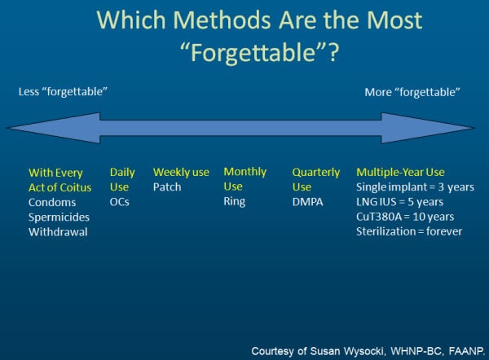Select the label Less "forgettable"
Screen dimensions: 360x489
click(x=64, y=91)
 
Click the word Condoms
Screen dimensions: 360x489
click(x=51, y=202)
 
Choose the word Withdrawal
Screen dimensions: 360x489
click(x=57, y=231)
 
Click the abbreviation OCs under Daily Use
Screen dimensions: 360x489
click(x=121, y=202)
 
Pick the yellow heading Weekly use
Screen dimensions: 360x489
click(x=181, y=172)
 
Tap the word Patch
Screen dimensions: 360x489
click(x=166, y=187)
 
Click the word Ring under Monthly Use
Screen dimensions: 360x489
click(x=234, y=202)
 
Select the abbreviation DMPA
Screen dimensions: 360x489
click(x=308, y=202)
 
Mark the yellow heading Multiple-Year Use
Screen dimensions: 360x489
click(x=400, y=172)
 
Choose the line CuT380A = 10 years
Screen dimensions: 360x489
click(x=405, y=217)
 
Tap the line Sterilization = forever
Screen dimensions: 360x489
click(x=409, y=231)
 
